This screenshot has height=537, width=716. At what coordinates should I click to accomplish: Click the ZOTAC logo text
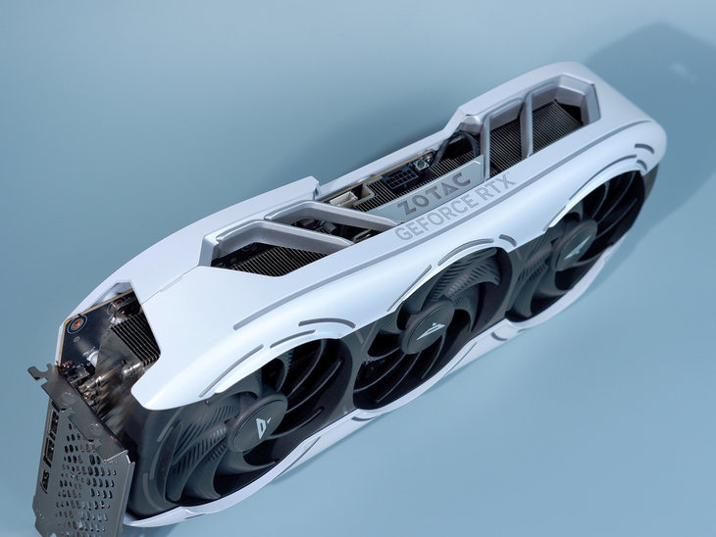pyautogui.click(x=434, y=193)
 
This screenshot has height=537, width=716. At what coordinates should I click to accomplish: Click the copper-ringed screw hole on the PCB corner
pyautogui.click(x=74, y=324)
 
